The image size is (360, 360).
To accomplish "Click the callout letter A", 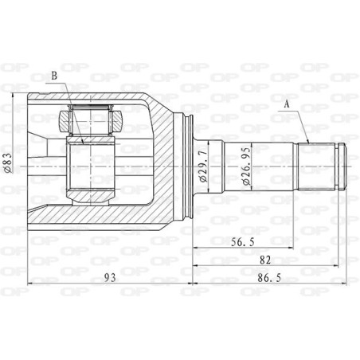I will (287, 103).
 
